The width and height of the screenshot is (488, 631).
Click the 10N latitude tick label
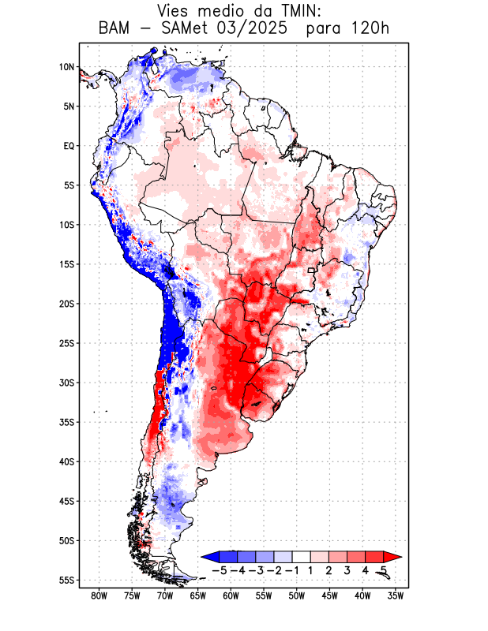[x=66, y=67]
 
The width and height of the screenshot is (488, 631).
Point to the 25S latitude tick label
[x=66, y=343]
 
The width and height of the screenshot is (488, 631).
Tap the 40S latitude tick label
[x=66, y=461]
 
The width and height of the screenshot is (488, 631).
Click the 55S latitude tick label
[x=66, y=580]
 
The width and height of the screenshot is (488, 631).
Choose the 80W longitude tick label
[x=99, y=596]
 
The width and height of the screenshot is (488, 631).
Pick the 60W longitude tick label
[x=231, y=596]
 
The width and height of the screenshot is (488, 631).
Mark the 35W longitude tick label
[x=396, y=596]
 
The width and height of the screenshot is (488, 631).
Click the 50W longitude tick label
[x=297, y=596]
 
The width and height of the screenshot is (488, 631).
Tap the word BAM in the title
[x=117, y=28]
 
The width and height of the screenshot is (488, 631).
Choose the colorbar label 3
[x=347, y=570]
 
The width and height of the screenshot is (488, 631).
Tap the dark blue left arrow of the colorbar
[x=208, y=557]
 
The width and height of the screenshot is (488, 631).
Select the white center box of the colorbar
[x=301, y=557]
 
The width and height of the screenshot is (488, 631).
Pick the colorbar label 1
[x=310, y=570]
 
